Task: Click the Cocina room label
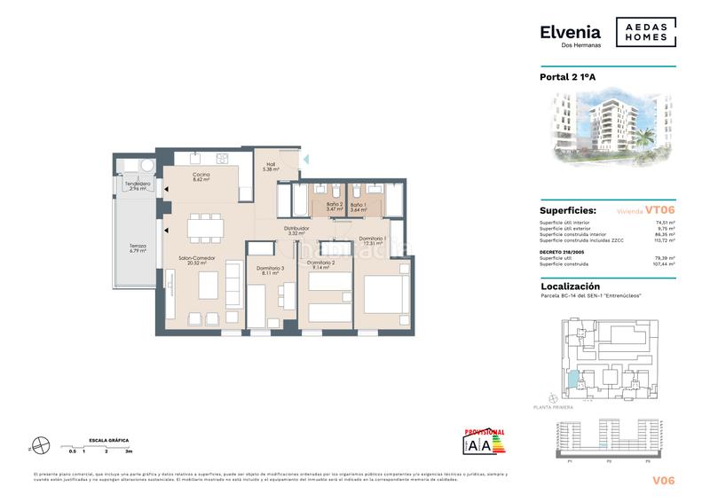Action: tap(201, 176)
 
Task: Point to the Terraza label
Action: tap(137, 246)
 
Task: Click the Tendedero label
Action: tap(137, 184)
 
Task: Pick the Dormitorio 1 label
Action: tap(371, 239)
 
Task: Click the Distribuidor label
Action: tap(296, 229)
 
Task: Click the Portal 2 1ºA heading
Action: tap(569, 77)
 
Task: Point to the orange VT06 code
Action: tap(660, 210)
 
